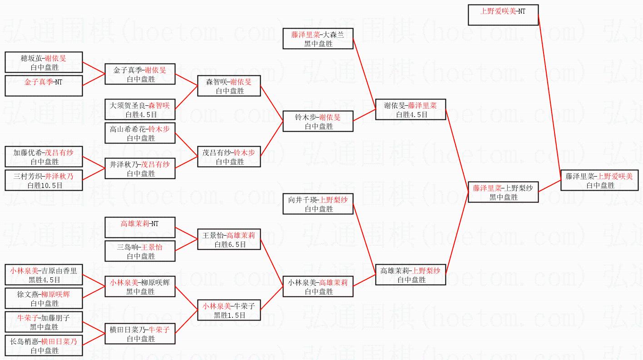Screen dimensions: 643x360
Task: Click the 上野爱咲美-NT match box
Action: click(503, 15)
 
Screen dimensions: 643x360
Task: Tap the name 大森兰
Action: click(334, 35)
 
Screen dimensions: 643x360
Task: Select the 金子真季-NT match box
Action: click(44, 86)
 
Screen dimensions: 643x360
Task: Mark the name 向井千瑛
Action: click(303, 200)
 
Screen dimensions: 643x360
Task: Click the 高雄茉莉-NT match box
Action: click(139, 227)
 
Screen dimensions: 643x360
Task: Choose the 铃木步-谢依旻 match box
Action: click(317, 121)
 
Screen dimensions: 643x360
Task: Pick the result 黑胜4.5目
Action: click(45, 280)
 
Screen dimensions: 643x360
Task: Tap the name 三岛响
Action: click(127, 247)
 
